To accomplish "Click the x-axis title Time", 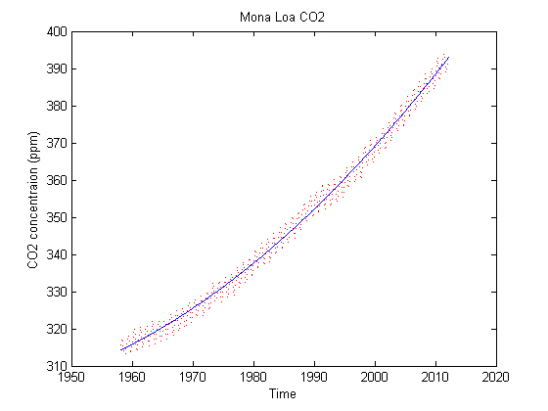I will (284, 393).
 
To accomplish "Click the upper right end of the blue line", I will (448, 58).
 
